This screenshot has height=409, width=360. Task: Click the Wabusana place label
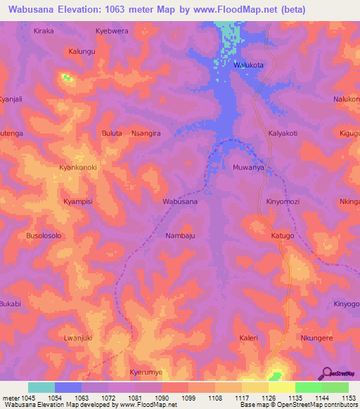coord(180,202)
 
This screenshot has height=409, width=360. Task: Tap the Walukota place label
coord(248,65)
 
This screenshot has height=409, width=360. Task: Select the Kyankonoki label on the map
coord(77,168)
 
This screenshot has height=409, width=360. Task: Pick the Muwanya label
coord(248,168)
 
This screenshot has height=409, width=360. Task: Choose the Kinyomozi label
coord(283,202)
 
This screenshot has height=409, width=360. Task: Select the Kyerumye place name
coord(146,372)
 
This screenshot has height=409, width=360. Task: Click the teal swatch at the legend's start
coord(41,387)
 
